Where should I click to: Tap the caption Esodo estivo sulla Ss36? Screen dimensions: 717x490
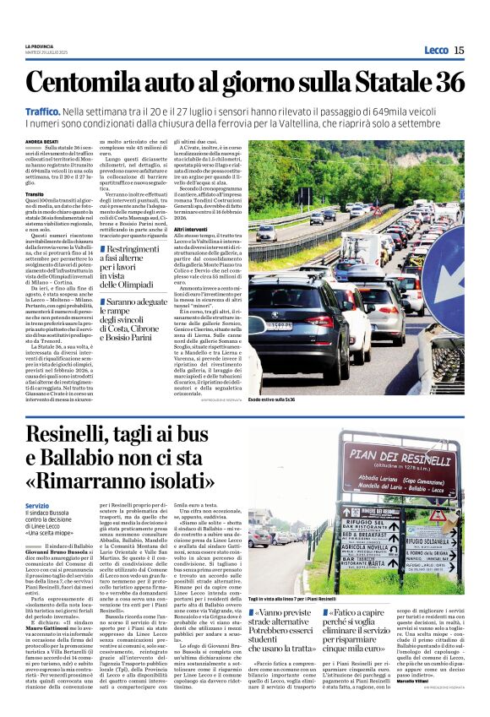[x=271, y=399]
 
